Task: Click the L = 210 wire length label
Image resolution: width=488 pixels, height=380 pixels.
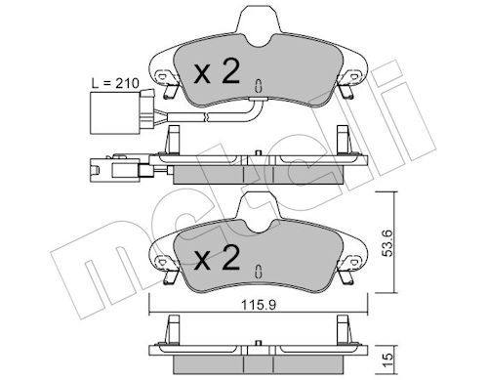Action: [115, 83]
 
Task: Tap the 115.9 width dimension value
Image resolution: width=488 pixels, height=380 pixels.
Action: [259, 306]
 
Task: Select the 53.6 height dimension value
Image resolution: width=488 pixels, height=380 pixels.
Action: [388, 243]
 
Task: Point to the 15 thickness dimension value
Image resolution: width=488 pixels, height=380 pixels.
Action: [388, 360]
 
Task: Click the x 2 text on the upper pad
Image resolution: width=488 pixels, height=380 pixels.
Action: [217, 71]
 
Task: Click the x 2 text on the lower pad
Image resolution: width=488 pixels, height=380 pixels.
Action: [217, 258]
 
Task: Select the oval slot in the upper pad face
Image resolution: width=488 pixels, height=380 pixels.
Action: [258, 86]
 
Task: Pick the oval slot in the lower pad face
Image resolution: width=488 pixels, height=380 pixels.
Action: [258, 272]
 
